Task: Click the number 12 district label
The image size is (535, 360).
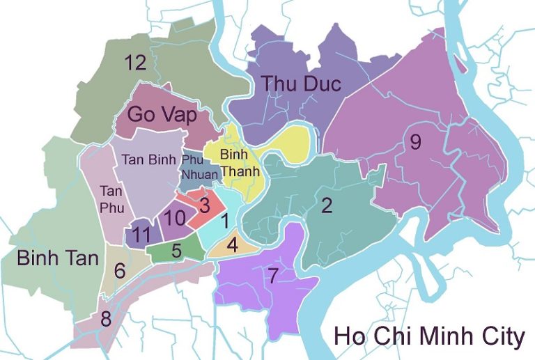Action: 135,63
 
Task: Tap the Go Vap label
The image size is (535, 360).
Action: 162,115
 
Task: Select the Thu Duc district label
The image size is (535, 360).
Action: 301,84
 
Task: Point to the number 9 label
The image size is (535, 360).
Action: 415,143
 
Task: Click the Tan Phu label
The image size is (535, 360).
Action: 111,197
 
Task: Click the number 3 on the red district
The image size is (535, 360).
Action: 204,205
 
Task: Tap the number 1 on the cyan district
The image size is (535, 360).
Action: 224,222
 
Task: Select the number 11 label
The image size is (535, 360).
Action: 141,235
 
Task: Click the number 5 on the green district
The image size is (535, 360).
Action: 177,250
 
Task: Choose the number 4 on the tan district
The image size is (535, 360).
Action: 233,246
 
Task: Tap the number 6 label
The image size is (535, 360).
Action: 120,270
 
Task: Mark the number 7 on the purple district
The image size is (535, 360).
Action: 272,276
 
